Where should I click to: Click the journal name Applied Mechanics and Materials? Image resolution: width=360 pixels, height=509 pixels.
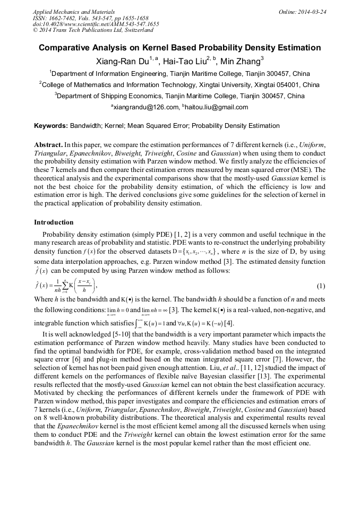coord(74,12)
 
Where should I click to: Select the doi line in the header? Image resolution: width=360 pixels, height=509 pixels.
coord(96,24)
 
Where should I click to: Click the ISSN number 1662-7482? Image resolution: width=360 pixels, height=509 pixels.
coord(64,18)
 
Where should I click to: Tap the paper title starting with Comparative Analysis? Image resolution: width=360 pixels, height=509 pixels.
coord(179,48)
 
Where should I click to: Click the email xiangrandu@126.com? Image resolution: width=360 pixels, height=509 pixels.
coord(145,107)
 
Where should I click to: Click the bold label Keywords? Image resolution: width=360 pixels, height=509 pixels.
coord(50,126)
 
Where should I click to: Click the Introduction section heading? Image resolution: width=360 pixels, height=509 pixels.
coord(54,222)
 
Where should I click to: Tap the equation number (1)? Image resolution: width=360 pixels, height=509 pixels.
coord(321,287)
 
